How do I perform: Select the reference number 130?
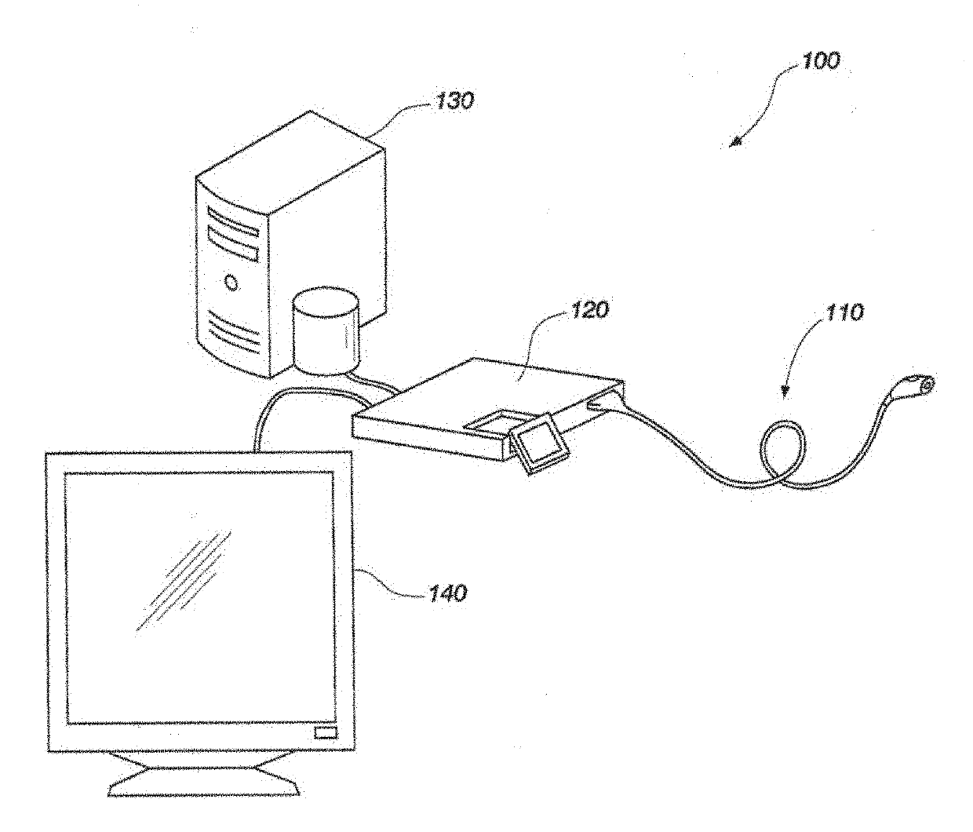coord(456,101)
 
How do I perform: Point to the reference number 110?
coord(844,312)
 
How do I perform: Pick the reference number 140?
coord(447,593)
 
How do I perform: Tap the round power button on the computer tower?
coord(231,281)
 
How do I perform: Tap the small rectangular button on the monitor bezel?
coord(324,733)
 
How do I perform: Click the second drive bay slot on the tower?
coord(232,244)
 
